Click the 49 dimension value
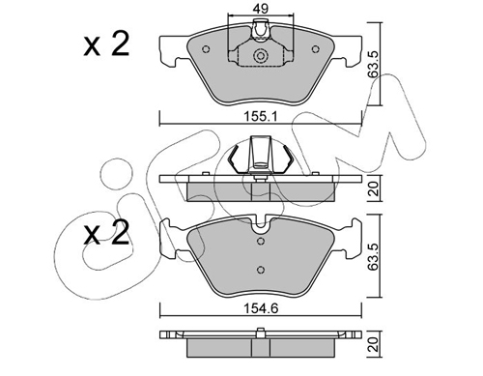[x=260, y=9]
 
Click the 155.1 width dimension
[x=260, y=117]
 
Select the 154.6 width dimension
[x=261, y=309]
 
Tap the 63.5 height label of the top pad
[x=373, y=64]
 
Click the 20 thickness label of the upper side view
[x=374, y=188]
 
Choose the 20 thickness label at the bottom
[x=374, y=344]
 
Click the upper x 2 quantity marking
[x=106, y=44]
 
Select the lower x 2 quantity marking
[x=106, y=233]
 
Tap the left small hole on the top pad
[x=206, y=49]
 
